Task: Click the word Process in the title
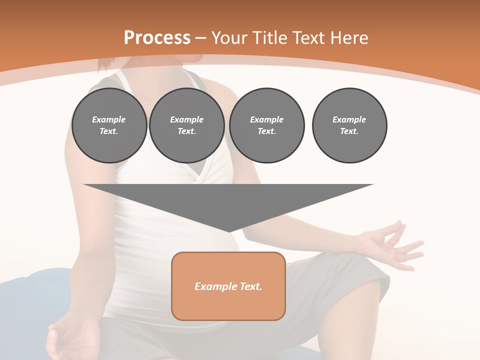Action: pos(157,38)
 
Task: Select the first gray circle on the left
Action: pos(109,125)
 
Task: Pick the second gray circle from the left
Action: pos(186,125)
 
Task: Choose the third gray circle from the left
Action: pos(266,125)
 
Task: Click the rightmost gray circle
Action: pos(349,125)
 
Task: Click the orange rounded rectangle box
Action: pos(228,286)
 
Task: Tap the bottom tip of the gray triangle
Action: pos(229,230)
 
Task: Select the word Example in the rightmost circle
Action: pos(349,119)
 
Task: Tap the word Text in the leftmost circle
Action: pos(109,131)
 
